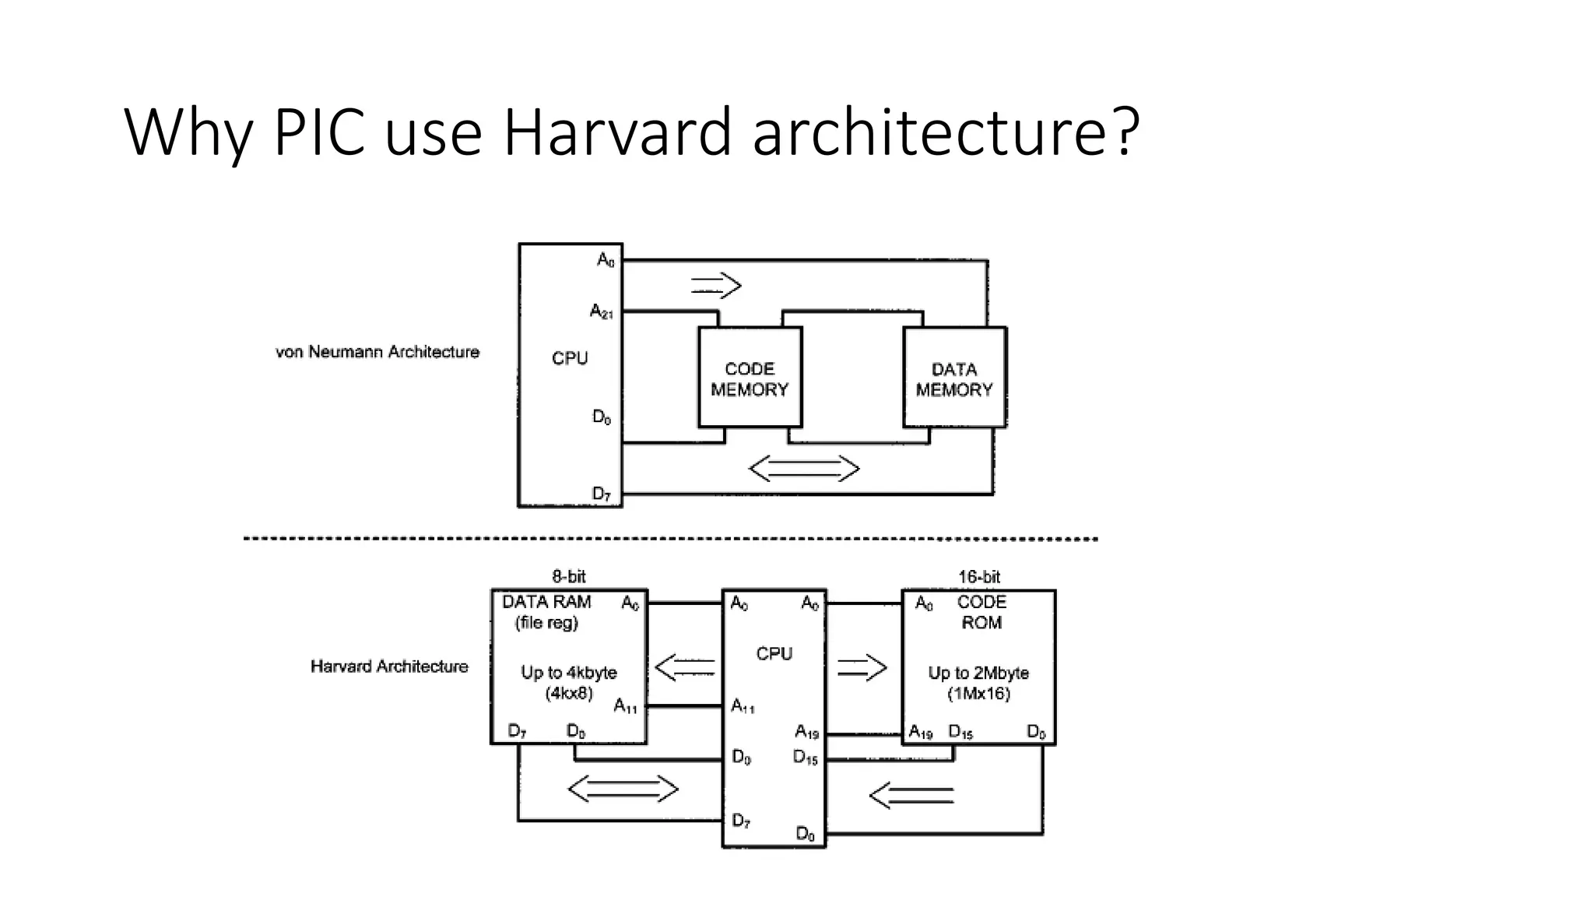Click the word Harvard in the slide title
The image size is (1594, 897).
617,132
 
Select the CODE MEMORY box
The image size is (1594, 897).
750,378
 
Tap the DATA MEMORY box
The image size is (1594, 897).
954,378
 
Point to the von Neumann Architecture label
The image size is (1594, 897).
377,352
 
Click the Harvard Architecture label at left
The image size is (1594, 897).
389,667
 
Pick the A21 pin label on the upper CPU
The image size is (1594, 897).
602,312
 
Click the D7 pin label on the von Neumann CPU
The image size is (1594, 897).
602,494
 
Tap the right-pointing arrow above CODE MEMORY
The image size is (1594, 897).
716,286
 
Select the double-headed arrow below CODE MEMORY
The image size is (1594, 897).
803,469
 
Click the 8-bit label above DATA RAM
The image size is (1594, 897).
568,577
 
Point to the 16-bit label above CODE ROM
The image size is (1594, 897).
979,577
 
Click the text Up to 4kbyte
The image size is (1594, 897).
569,673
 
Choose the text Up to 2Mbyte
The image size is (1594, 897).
978,673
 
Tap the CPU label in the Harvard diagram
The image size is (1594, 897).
774,654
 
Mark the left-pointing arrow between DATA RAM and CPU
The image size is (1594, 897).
685,667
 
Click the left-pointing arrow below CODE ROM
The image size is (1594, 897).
911,795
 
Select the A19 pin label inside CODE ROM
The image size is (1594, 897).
921,733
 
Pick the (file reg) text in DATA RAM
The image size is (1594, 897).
546,623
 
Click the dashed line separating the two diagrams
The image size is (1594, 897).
669,539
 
